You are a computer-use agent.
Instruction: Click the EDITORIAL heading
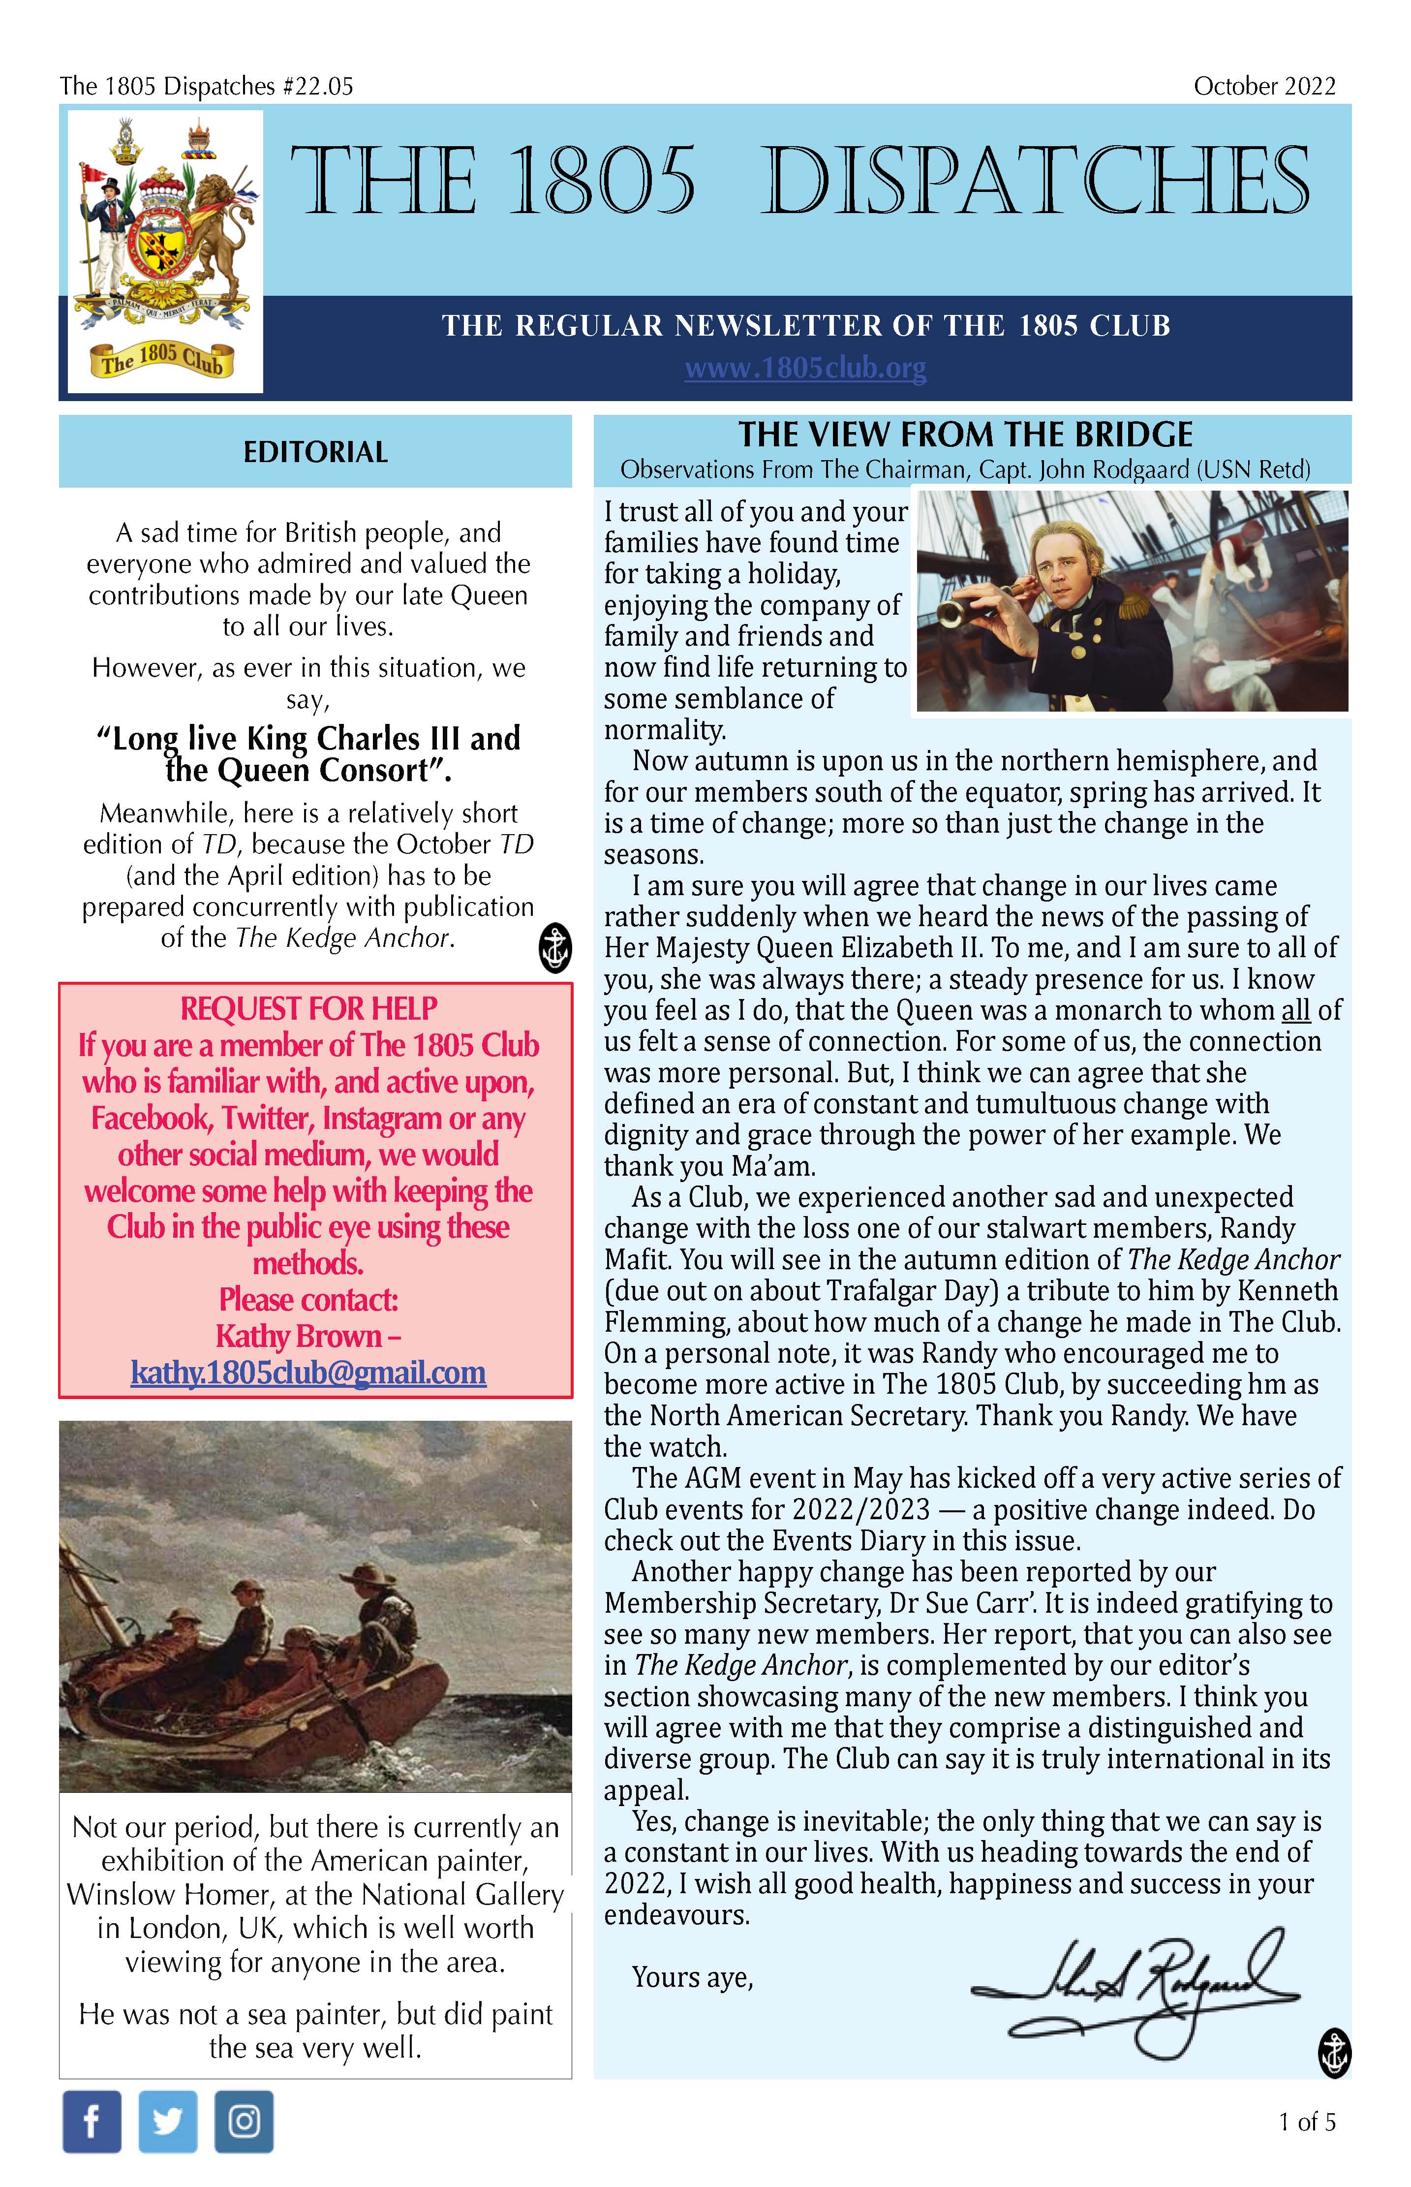tap(315, 452)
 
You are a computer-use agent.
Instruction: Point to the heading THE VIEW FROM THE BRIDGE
tap(966, 434)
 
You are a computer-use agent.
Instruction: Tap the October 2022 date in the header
tap(1264, 86)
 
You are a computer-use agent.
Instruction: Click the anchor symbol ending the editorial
tap(553, 947)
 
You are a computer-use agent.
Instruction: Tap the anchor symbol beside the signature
tap(1334, 2053)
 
